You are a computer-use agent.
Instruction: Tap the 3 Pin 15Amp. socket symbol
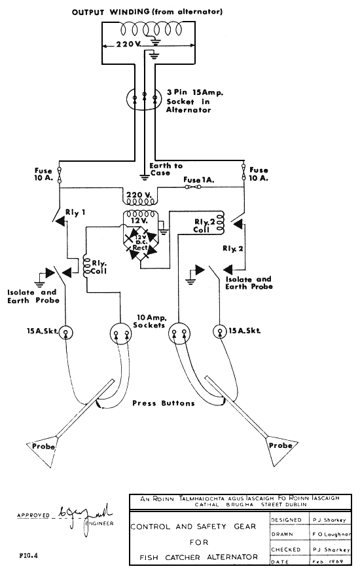(x=144, y=100)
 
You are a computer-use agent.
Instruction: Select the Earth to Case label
(x=166, y=170)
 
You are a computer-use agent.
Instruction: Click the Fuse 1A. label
(x=200, y=179)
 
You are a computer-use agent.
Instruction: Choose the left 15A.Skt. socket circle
(x=65, y=331)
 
